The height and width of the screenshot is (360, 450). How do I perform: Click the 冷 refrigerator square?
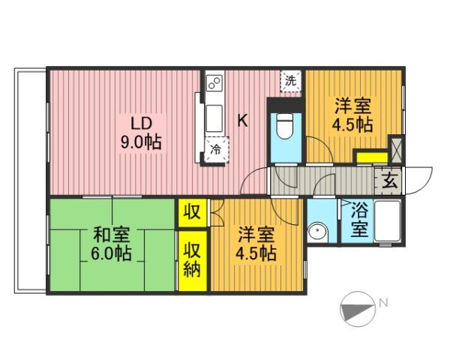coord(215,148)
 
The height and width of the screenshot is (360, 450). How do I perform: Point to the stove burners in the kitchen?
coord(212,82)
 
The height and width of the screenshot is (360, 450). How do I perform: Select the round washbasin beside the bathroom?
coord(319,233)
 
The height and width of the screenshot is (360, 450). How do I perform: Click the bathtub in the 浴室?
coord(388,223)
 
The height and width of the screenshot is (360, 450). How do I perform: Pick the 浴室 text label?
coord(360,220)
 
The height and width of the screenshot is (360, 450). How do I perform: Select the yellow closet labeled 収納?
coord(192,259)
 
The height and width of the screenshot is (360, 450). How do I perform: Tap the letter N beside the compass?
coord(383,304)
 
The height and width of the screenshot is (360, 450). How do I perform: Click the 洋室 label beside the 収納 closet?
coord(255,233)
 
